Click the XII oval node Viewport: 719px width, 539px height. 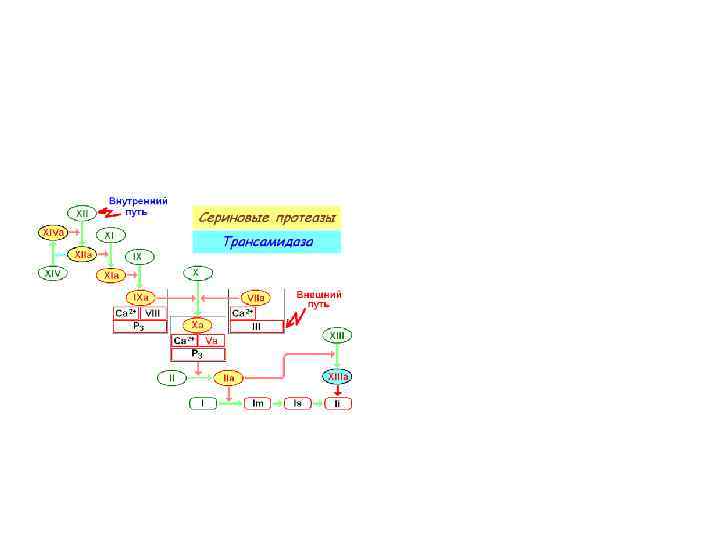[81, 213]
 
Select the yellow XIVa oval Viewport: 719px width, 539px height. [52, 233]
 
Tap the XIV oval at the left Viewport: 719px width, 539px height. [52, 272]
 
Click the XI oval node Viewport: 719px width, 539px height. [111, 235]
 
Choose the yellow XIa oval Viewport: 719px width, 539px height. [111, 274]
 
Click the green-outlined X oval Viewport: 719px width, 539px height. [197, 272]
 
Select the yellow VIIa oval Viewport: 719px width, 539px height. [254, 297]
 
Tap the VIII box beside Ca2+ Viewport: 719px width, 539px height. [153, 313]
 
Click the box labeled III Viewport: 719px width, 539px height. [256, 326]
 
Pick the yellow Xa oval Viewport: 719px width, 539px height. [198, 325]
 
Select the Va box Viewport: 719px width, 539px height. [212, 340]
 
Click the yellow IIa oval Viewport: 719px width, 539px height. [228, 378]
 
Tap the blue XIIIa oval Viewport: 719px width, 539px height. [338, 378]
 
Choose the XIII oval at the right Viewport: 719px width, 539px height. [338, 337]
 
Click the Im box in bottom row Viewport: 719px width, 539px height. [257, 403]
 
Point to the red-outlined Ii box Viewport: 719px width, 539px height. [338, 403]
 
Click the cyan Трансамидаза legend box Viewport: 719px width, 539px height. [266, 241]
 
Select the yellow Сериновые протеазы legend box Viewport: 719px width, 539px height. [266, 216]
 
